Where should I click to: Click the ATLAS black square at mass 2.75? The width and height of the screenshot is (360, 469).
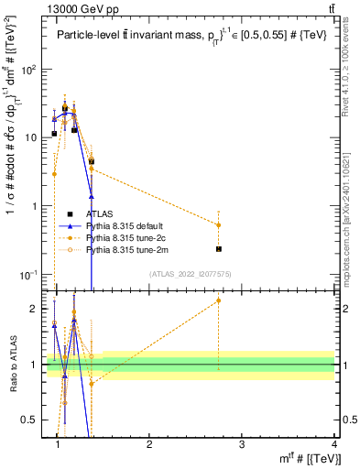click(219, 249)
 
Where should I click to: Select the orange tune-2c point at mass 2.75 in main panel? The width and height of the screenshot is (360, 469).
click(219, 224)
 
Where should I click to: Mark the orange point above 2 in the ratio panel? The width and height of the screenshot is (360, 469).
click(219, 300)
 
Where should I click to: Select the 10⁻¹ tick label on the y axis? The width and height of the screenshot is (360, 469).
click(30, 275)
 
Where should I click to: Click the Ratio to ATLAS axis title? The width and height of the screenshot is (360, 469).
click(13, 365)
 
